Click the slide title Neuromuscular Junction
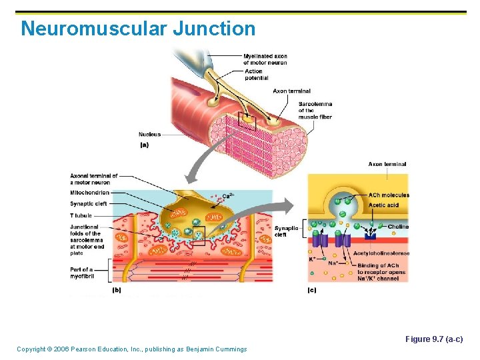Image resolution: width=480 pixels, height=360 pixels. (138, 29)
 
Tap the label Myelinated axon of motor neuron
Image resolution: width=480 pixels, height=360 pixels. (265, 59)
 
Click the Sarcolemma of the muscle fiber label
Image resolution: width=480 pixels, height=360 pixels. (315, 111)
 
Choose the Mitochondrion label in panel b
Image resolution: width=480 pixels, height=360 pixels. (89, 193)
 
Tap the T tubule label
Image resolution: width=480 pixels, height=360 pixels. (81, 215)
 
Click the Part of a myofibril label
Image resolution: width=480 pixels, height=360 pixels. (81, 272)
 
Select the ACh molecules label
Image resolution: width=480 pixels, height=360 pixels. (389, 195)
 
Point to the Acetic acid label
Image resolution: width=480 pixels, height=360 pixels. (383, 205)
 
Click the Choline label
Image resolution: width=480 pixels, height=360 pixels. (398, 227)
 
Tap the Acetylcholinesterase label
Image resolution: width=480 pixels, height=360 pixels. (381, 253)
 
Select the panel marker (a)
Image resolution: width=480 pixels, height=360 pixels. (144, 145)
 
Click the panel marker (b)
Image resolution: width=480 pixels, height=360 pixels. (117, 290)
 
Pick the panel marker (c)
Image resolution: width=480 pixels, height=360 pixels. (311, 290)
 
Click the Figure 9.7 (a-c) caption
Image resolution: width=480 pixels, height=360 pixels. (434, 339)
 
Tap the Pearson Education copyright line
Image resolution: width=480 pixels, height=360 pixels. (131, 349)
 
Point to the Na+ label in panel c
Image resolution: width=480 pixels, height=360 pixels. (333, 263)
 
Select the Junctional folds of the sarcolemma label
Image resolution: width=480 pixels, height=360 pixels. (86, 240)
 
